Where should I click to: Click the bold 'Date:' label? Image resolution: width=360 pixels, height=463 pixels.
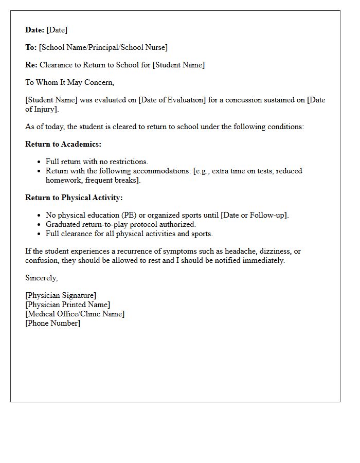(34, 30)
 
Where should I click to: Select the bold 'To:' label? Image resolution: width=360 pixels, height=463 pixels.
(31, 47)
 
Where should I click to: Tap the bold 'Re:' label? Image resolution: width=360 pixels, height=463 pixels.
(31, 65)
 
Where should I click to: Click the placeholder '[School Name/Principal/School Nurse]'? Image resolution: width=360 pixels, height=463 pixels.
(103, 47)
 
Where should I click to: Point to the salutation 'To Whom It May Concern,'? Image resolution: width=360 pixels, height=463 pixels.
(69, 82)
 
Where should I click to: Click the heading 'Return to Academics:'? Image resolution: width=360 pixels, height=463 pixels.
(63, 144)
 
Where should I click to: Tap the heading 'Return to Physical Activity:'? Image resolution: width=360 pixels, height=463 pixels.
(74, 198)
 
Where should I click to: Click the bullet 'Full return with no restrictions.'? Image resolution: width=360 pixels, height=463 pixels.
(97, 162)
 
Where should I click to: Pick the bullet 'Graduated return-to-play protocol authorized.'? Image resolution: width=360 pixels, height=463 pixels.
(121, 224)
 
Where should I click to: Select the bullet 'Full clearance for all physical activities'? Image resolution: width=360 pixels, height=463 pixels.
(129, 234)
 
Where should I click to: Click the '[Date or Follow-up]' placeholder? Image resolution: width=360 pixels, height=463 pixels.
(255, 215)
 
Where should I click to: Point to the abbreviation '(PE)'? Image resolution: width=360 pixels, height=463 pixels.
(127, 215)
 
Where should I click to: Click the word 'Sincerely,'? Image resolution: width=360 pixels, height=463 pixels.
(42, 278)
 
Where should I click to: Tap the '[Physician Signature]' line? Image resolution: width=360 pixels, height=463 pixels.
(61, 295)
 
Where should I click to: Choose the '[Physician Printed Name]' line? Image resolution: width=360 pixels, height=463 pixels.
(67, 305)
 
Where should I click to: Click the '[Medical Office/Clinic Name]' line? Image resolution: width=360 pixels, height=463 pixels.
(75, 314)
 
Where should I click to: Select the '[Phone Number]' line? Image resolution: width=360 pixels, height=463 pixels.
(52, 323)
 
